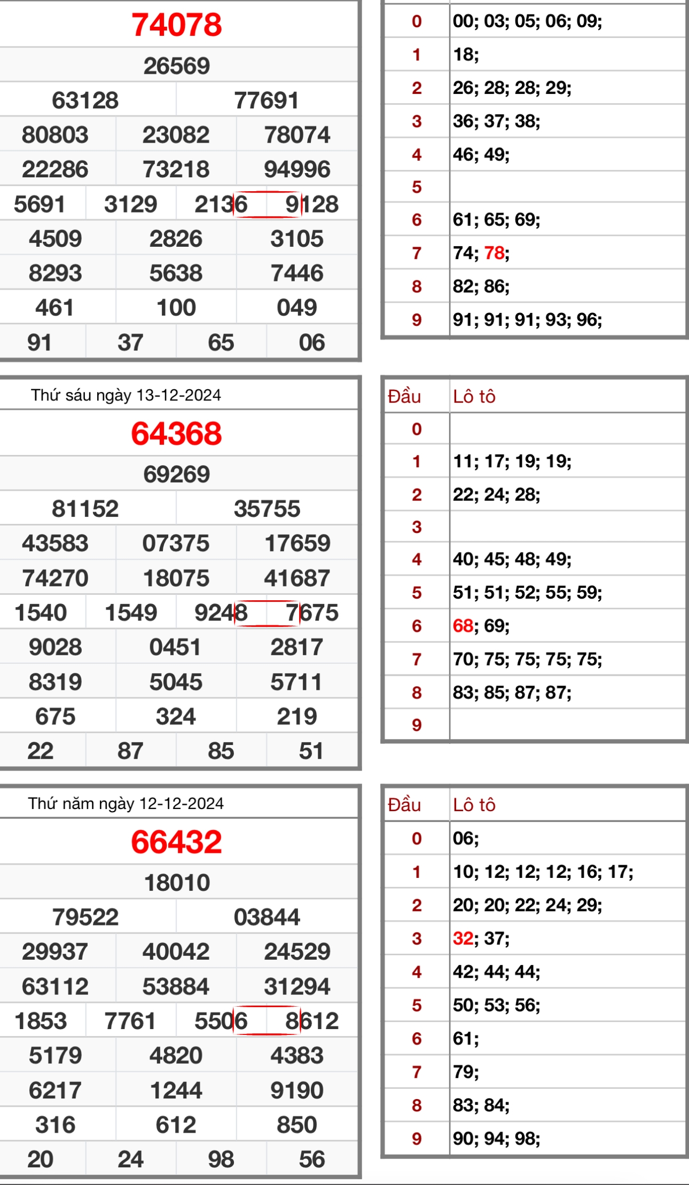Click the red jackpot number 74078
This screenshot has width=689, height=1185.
[x=176, y=25]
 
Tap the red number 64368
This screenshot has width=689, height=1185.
[x=176, y=433]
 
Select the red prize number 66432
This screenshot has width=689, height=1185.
[x=176, y=842]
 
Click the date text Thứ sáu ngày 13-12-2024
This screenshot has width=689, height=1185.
[x=126, y=395]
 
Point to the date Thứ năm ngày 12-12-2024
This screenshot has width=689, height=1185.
[x=126, y=804]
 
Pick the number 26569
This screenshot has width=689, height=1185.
[x=176, y=66]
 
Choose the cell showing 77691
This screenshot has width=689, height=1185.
[x=267, y=101]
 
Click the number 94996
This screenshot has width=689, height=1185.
[x=297, y=170]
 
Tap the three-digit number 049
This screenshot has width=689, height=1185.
[x=297, y=308]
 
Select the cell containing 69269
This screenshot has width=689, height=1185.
[x=176, y=475]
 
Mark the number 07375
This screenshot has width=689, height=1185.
[x=176, y=544]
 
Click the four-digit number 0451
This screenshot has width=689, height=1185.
[x=175, y=647]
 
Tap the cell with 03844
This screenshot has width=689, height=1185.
[x=267, y=917]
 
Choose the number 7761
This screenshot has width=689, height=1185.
[x=130, y=1021]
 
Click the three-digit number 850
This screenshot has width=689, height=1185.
[x=297, y=1125]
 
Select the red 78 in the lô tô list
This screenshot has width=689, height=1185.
[x=494, y=253]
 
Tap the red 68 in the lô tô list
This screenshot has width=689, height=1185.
[x=463, y=626]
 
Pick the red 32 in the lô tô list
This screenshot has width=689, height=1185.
[x=463, y=938]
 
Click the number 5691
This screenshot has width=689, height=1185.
[x=40, y=205]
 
